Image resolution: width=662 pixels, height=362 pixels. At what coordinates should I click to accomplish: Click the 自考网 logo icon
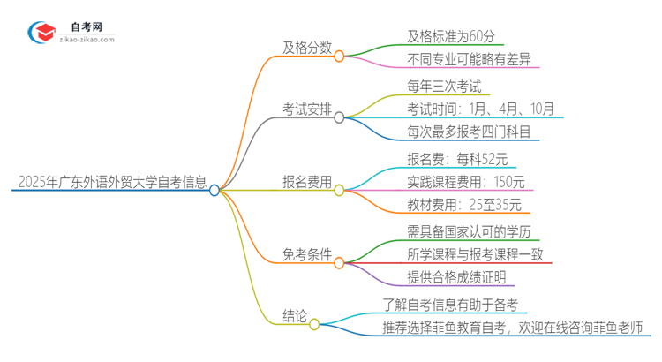[40, 32]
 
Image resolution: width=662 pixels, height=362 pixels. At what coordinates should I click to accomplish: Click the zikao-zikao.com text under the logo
[86, 40]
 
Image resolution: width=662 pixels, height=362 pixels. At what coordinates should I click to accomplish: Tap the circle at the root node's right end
[214, 189]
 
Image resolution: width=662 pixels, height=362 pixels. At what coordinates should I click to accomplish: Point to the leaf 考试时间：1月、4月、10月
[481, 110]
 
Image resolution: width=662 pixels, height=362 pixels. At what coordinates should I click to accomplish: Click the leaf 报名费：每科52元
[444, 160]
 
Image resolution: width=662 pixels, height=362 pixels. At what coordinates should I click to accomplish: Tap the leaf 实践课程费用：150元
[465, 182]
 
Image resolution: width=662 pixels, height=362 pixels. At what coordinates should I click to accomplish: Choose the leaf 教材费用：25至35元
[463, 206]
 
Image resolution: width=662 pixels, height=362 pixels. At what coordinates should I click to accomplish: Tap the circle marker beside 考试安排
[339, 117]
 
